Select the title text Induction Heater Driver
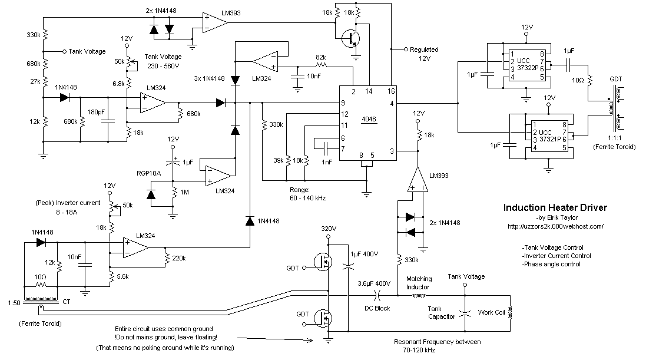click(x=555, y=208)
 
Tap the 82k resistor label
click(x=321, y=57)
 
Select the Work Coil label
click(x=492, y=312)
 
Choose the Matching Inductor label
click(x=419, y=283)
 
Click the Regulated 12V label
click(x=424, y=54)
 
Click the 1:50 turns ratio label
click(x=11, y=303)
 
